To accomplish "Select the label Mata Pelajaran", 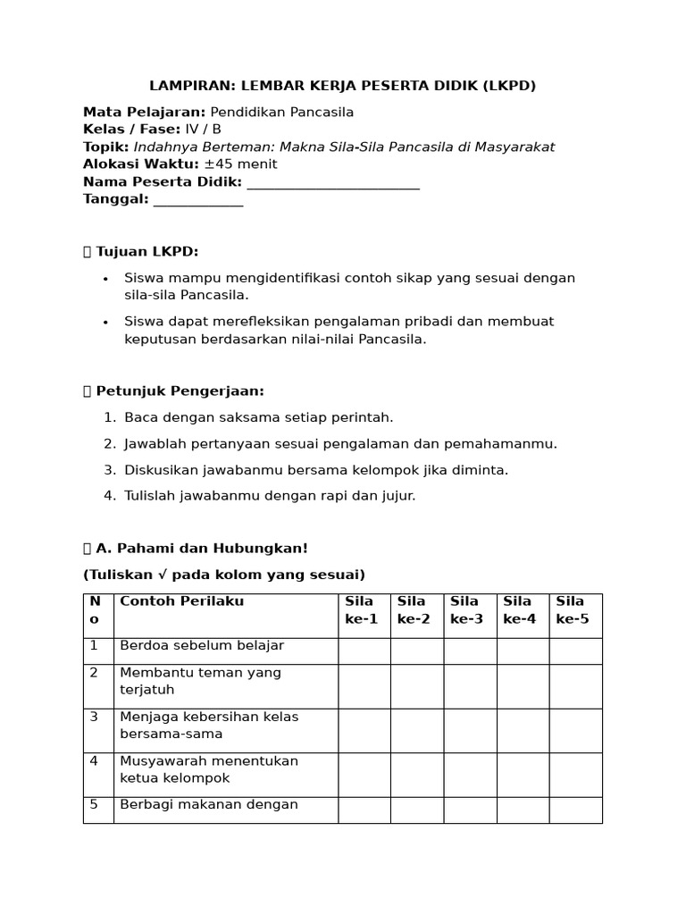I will [144, 112].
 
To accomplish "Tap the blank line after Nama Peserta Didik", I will [332, 182].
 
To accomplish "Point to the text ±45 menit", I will [240, 164].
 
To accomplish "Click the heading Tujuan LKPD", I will [146, 252].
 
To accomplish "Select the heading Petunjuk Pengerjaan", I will [179, 391].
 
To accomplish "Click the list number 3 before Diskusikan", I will [108, 470].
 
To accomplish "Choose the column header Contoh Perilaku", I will [181, 601].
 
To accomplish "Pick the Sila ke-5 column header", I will [573, 609].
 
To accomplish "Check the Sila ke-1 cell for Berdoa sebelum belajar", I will [364, 651].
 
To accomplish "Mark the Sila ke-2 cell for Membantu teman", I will [416, 685].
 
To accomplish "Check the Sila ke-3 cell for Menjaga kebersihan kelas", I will [470, 730].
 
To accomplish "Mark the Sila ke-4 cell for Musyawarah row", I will [523, 774].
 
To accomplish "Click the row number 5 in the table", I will [94, 804].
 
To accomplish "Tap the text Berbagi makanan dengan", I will [208, 804].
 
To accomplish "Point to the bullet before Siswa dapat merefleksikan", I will [105, 322].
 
